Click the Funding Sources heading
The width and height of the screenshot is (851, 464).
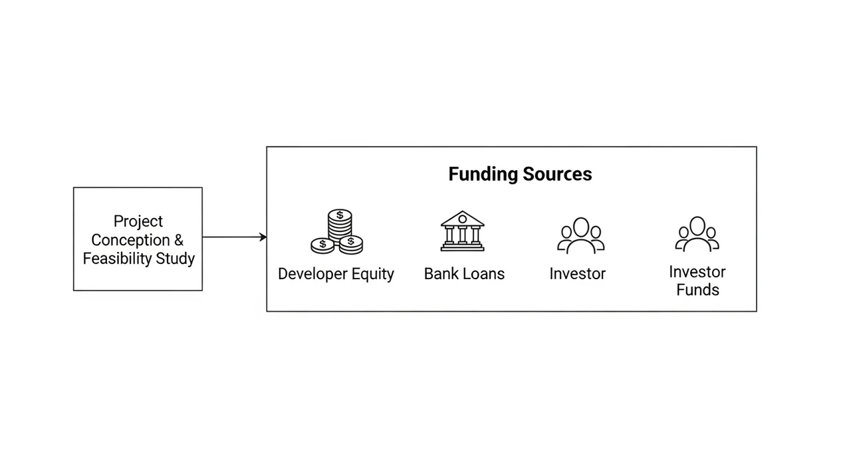pyautogui.click(x=520, y=174)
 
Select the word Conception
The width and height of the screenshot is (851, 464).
pyautogui.click(x=130, y=240)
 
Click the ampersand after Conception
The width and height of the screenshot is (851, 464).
pyautogui.click(x=179, y=240)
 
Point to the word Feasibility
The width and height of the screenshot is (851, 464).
pyautogui.click(x=118, y=259)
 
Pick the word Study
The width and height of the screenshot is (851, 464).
pyautogui.click(x=175, y=259)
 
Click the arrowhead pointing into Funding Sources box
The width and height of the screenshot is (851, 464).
pyautogui.click(x=263, y=237)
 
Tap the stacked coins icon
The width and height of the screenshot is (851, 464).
pyautogui.click(x=337, y=231)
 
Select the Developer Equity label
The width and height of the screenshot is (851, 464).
pyautogui.click(x=336, y=274)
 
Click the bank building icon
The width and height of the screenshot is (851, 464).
pyautogui.click(x=462, y=231)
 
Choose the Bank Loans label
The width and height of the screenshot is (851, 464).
pyautogui.click(x=464, y=274)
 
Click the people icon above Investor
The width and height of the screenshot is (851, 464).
pyautogui.click(x=581, y=235)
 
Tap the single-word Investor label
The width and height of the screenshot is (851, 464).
pyautogui.click(x=578, y=274)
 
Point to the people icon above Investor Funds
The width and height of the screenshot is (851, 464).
pyautogui.click(x=697, y=234)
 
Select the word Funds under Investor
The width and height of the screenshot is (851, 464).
pyautogui.click(x=698, y=290)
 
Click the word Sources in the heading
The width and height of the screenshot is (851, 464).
pyautogui.click(x=557, y=174)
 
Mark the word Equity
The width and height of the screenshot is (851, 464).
pyautogui.click(x=373, y=274)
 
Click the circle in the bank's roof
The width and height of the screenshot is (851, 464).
pyautogui.click(x=462, y=219)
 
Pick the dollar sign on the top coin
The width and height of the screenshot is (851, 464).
pyautogui.click(x=340, y=215)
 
